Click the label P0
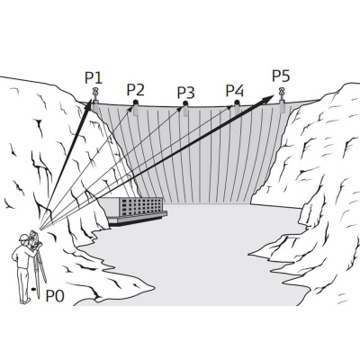55,296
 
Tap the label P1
94,77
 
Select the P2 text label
135,90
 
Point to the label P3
186,93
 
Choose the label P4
235,90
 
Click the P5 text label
281,76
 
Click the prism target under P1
95,94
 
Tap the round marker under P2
136,103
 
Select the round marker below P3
185,103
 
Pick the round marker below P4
237,103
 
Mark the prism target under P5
282,94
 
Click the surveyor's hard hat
23,238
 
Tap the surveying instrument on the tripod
34,239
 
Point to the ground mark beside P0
33,289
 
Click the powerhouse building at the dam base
133,211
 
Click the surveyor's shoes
25,301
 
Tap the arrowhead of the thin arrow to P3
179,109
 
